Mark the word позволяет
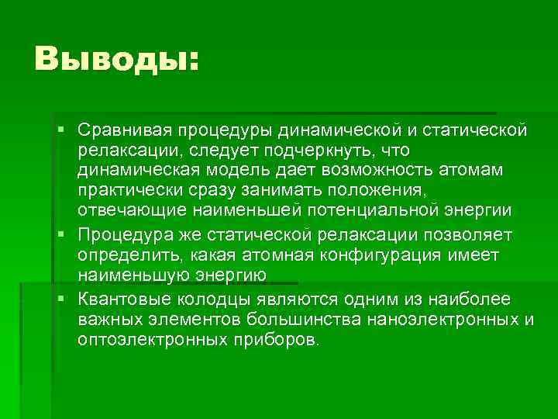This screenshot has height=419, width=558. (470, 234)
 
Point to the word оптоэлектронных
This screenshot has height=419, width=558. (139, 341)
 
